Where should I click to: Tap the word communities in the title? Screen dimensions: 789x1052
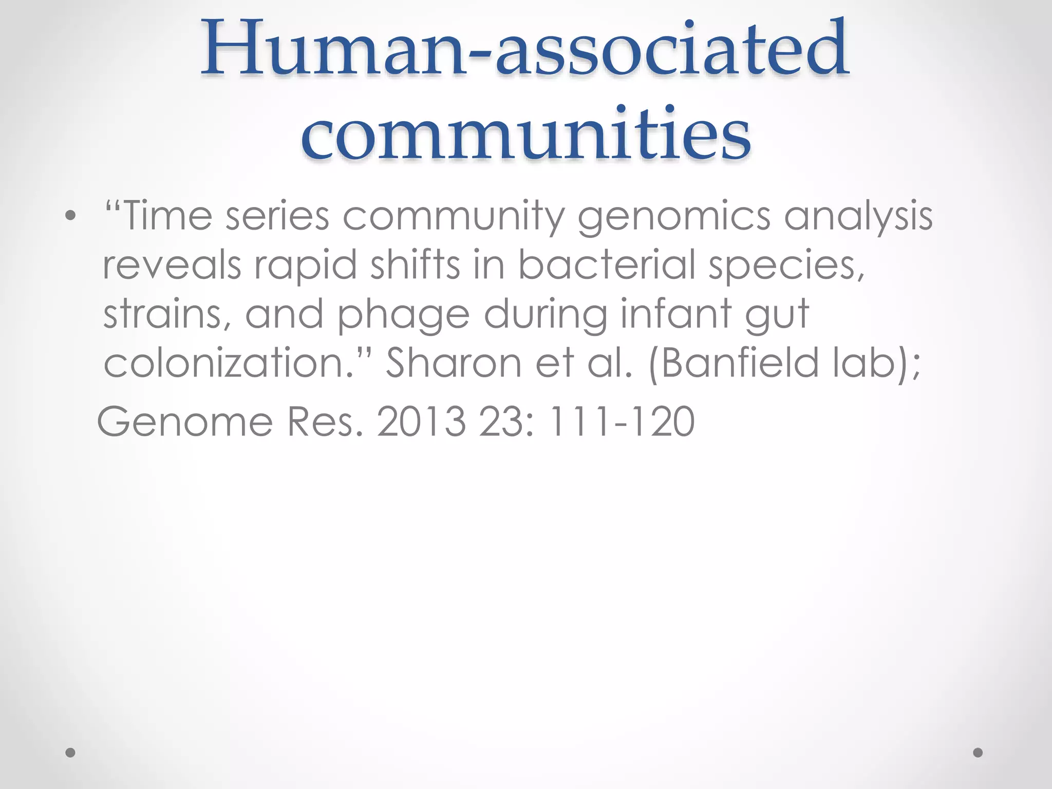pos(525,135)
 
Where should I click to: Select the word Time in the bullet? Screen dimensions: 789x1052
pos(167,216)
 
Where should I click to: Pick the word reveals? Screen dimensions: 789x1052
pos(172,265)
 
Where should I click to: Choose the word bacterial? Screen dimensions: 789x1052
pos(606,265)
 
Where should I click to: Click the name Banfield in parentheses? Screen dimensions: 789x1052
pos(740,363)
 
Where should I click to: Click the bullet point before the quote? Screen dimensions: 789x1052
pos(71,216)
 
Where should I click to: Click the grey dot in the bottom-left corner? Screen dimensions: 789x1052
pos(71,753)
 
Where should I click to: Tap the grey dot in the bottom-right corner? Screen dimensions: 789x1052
pos(978,753)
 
